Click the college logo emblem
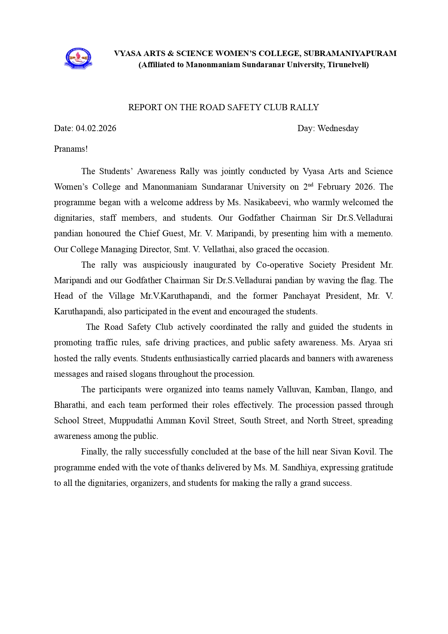coord(78,59)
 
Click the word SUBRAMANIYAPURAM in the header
coord(350,53)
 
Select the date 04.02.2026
coord(96,128)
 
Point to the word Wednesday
coord(338,128)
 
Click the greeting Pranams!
coord(71,149)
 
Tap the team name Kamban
coord(330,389)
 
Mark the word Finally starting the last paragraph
coord(94,452)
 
